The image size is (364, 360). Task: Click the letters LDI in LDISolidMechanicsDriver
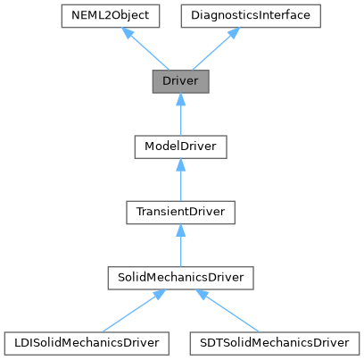coord(22,341)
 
